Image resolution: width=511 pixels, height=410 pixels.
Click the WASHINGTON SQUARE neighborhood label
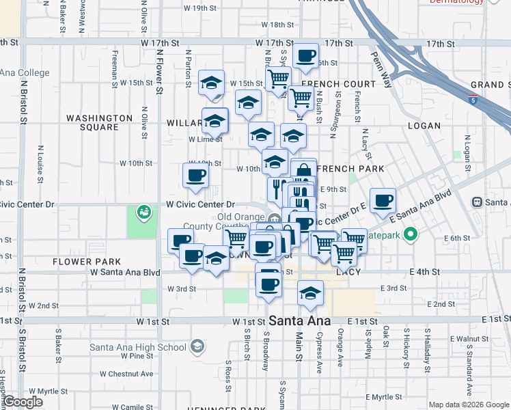tap(100, 122)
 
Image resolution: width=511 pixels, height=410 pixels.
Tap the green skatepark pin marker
tap(410, 236)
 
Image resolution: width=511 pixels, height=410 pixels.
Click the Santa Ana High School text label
tap(139, 347)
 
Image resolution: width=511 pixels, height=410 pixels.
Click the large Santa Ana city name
tap(300, 320)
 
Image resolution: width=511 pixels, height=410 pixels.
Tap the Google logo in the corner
tap(23, 402)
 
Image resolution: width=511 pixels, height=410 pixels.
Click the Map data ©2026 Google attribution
tap(468, 405)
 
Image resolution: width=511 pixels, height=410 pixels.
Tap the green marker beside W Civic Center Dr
tap(143, 212)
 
